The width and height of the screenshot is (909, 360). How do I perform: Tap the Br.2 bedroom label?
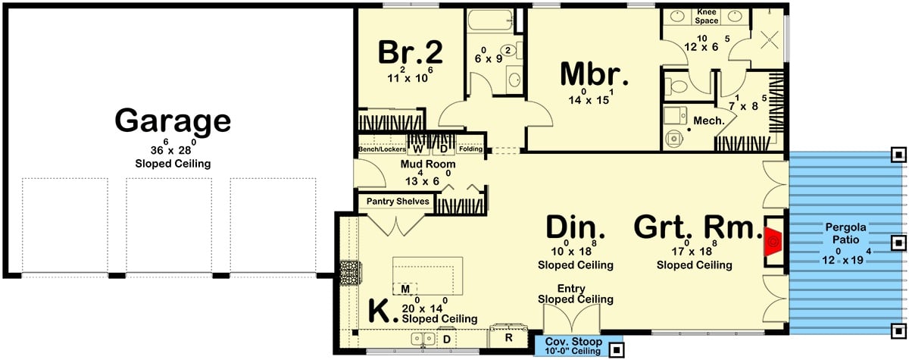pos(410,52)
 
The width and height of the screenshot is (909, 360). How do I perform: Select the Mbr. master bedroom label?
pos(595,74)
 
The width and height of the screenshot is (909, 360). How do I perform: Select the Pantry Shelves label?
pos(398,202)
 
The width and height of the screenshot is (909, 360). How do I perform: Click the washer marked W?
pos(417,149)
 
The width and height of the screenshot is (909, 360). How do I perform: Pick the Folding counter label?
pos(470,149)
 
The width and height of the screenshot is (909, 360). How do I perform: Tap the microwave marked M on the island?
pos(405,289)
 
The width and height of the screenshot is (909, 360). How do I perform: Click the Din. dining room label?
pos(575,228)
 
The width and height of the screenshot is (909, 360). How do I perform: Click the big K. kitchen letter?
pos(383,312)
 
